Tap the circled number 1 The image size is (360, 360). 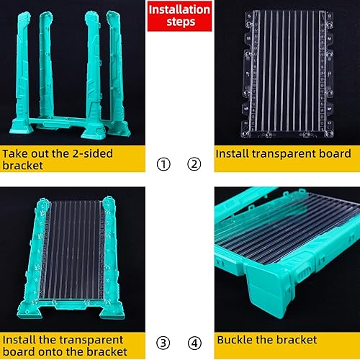coord(164,164)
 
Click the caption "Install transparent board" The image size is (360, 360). coord(283,154)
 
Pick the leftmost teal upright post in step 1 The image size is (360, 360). coord(20,72)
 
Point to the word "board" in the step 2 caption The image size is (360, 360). coord(332,154)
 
